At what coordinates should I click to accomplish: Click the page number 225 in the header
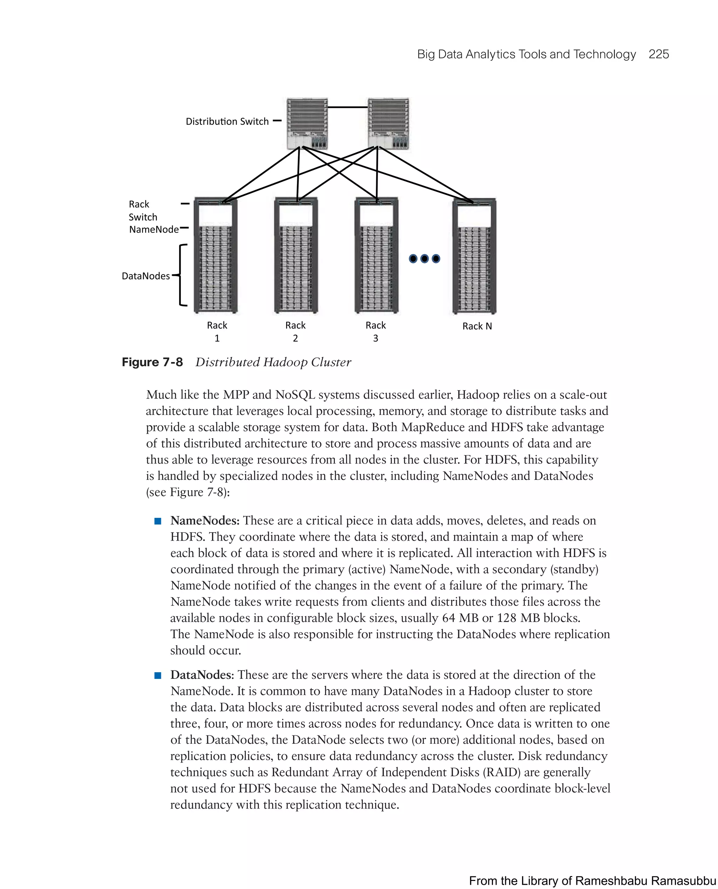pos(658,54)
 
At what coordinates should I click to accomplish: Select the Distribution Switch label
pos(227,121)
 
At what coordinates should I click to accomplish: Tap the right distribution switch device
pos(388,123)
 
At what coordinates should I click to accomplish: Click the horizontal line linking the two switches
pos(347,107)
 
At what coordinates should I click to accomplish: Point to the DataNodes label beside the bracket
pos(145,276)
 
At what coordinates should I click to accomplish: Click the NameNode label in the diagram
pos(154,229)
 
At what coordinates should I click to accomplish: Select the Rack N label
pos(477,326)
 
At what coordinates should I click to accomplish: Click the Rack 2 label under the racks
pos(295,331)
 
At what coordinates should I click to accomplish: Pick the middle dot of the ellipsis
pos(424,259)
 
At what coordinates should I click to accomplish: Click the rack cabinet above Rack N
pos(474,256)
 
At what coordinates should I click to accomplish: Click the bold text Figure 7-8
pos(152,362)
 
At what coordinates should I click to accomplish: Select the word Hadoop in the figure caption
pos(285,362)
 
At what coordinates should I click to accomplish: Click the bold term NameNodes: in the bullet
pos(205,520)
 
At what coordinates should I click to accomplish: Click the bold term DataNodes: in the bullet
pos(202,675)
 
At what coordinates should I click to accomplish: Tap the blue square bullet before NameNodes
pos(157,521)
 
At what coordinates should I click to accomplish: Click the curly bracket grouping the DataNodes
pos(181,275)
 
